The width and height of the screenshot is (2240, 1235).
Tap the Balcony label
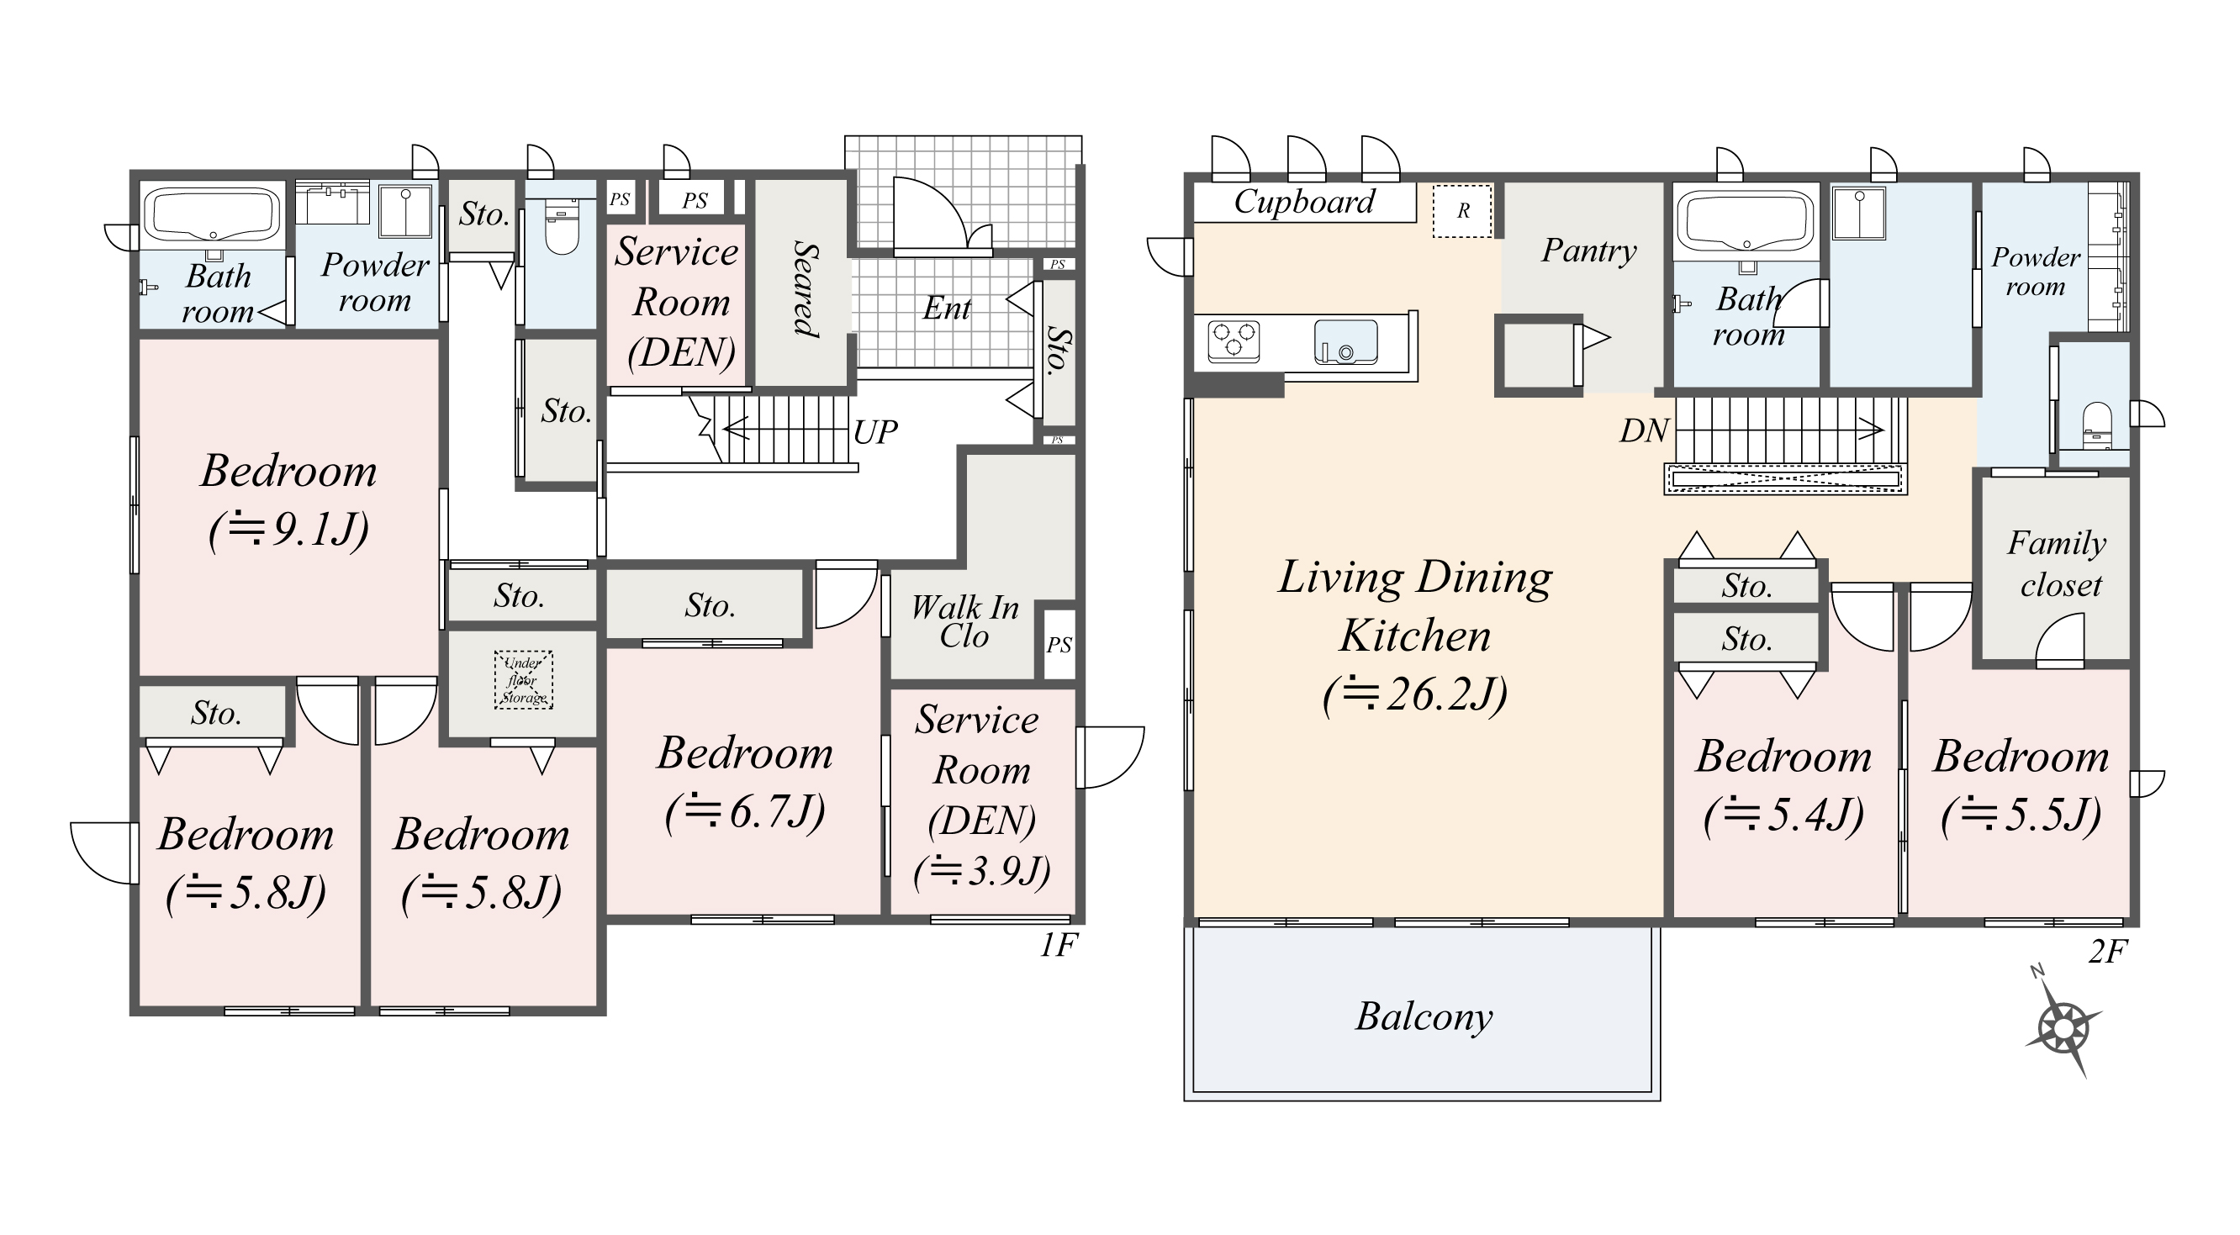pyautogui.click(x=1424, y=1016)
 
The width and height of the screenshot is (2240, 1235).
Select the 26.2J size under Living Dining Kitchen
pyautogui.click(x=1415, y=695)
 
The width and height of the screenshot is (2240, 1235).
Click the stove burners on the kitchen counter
pyautogui.click(x=1234, y=340)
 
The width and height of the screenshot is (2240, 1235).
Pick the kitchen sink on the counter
pyautogui.click(x=1345, y=342)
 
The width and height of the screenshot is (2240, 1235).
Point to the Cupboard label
pyautogui.click(x=1304, y=202)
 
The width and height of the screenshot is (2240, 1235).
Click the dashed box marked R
pyautogui.click(x=1462, y=210)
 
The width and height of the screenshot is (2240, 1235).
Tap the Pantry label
pyautogui.click(x=1588, y=251)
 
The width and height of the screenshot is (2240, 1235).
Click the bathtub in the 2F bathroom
pyautogui.click(x=1745, y=221)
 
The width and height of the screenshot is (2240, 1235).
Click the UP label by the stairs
pyautogui.click(x=874, y=432)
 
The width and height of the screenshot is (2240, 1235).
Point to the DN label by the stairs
pyautogui.click(x=1644, y=430)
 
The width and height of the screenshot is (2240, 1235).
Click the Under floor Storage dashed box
pyautogui.click(x=524, y=679)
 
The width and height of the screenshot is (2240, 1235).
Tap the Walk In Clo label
pyautogui.click(x=964, y=621)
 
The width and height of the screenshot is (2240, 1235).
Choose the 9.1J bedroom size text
pyautogui.click(x=288, y=528)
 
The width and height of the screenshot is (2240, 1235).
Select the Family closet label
pyautogui.click(x=2058, y=563)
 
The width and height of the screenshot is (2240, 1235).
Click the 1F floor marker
pyautogui.click(x=1059, y=944)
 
